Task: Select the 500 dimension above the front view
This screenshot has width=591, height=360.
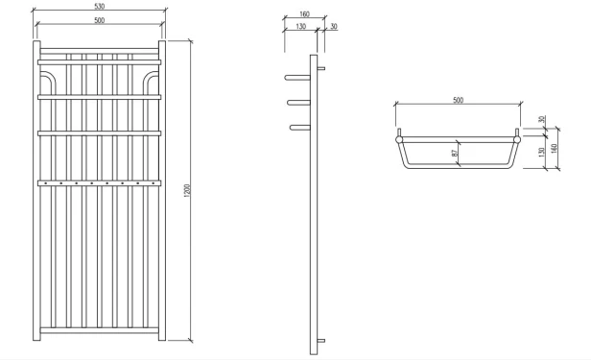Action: click(100, 20)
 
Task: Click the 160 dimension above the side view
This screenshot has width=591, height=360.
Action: click(304, 15)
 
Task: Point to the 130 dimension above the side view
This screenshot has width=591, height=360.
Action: click(300, 27)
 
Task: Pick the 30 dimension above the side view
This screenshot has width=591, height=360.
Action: click(333, 27)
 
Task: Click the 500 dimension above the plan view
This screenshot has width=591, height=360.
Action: click(458, 100)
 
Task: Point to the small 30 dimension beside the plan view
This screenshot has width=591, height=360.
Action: click(541, 120)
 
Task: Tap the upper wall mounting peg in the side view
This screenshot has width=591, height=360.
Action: click(322, 68)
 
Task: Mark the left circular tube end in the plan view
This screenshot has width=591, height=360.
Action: click(398, 139)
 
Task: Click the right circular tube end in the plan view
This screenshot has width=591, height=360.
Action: click(518, 139)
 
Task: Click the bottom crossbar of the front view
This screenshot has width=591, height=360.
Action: click(100, 332)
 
